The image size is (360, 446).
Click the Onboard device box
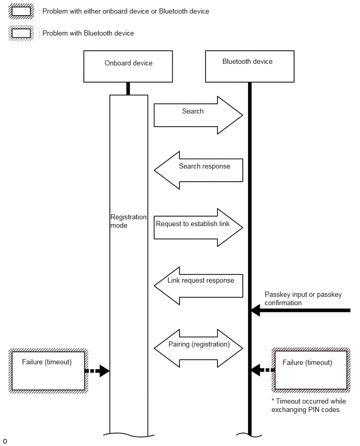click(x=128, y=66)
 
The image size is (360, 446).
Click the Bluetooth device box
click(x=250, y=66)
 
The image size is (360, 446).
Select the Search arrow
click(x=198, y=115)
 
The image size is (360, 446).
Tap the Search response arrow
click(x=198, y=170)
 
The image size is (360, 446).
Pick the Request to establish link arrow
click(x=198, y=228)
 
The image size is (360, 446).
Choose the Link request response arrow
click(x=198, y=286)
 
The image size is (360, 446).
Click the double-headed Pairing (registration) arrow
click(x=198, y=348)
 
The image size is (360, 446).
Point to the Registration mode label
click(x=128, y=221)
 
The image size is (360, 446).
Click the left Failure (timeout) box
click(x=48, y=371)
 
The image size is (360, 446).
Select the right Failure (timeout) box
click(x=311, y=370)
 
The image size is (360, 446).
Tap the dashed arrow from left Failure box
click(x=97, y=371)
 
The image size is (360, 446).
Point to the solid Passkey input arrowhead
click(x=256, y=310)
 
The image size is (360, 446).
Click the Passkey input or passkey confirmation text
click(x=303, y=299)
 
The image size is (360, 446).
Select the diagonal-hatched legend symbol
click(x=21, y=12)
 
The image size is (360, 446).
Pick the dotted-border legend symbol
click(x=21, y=33)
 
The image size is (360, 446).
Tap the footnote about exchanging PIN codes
click(x=309, y=405)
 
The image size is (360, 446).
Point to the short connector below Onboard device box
click(x=128, y=89)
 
